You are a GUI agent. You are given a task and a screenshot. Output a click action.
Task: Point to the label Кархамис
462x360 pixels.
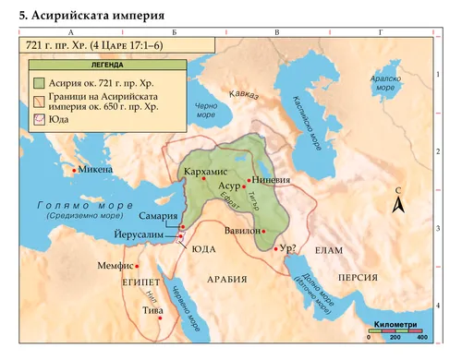[205, 172]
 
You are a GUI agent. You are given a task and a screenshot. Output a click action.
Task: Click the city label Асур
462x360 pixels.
[229, 186]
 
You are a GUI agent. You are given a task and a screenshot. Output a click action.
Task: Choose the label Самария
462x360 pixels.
[157, 217]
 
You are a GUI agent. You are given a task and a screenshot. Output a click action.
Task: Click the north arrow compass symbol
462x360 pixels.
[398, 204]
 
